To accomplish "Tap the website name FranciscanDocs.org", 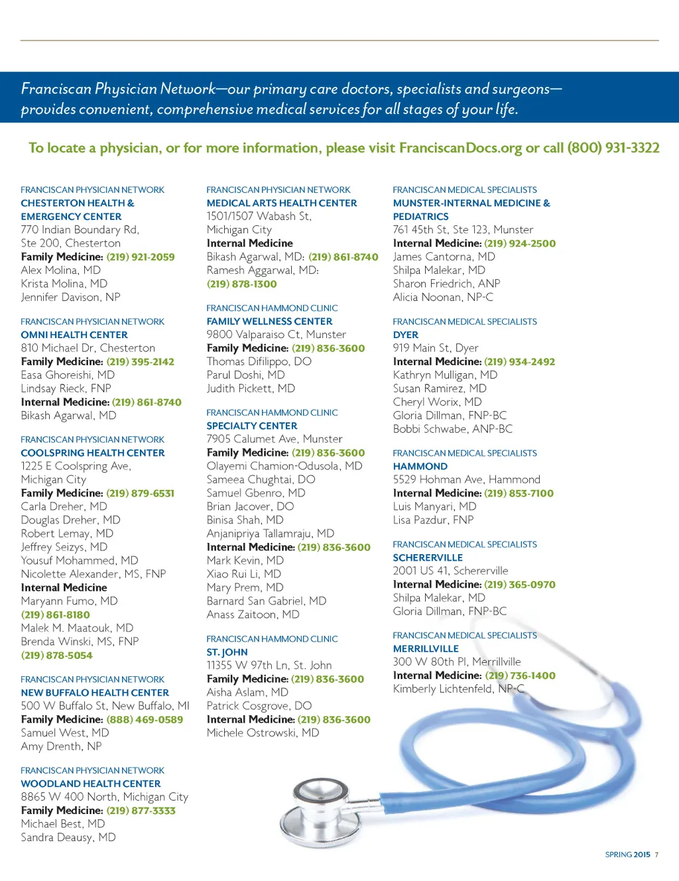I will click(460, 148).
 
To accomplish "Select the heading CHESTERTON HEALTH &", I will click(78, 203).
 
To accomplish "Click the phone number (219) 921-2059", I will click(141, 257).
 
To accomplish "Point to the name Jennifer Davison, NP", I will click(70, 297).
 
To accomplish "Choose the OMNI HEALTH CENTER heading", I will click(74, 335).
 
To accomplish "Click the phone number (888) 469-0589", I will click(145, 719).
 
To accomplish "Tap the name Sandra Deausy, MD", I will click(68, 837).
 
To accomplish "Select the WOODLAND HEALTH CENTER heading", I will click(91, 784).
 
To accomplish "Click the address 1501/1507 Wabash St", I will click(259, 216).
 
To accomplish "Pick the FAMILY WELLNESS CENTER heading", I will click(269, 322).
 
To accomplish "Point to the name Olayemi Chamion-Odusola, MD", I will click(284, 466).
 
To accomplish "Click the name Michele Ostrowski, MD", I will click(263, 733).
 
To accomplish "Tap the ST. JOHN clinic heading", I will click(227, 652).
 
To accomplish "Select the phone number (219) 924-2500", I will click(520, 243).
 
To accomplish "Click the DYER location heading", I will click(406, 335).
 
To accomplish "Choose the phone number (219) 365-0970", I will click(520, 585).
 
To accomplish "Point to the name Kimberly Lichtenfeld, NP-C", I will click(458, 689).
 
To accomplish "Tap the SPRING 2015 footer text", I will click(627, 854).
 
